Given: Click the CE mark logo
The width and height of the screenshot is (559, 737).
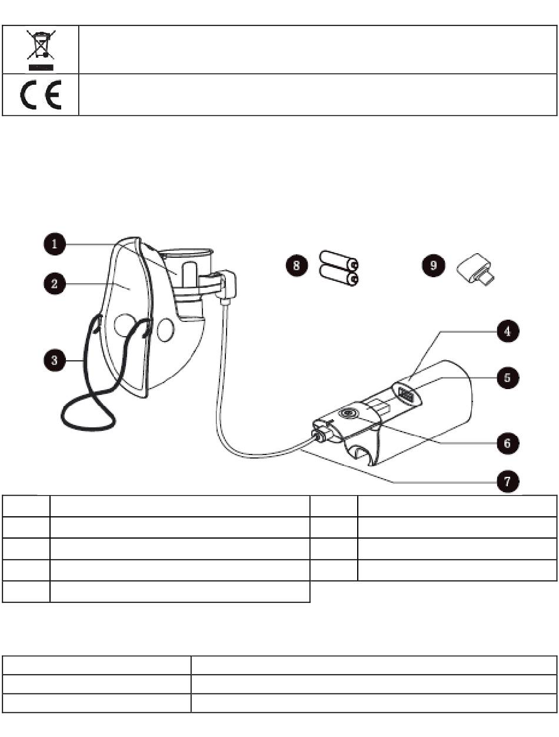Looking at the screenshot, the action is coord(41,95).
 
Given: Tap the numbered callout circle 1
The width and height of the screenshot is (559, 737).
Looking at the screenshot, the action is coord(55,244).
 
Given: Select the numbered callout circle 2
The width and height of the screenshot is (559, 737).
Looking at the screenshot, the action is coord(55,284).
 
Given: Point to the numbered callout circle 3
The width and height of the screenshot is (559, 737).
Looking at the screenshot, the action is coord(55,361).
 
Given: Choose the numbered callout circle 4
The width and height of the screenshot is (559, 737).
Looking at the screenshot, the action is coord(508,331).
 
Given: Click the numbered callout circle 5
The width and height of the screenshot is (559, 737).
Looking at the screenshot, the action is coord(508,378).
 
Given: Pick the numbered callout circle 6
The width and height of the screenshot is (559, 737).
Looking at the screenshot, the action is coord(508,443).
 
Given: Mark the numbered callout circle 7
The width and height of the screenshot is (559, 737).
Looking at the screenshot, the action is coord(508,482).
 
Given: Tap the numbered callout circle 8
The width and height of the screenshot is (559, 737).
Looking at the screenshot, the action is coord(297,265).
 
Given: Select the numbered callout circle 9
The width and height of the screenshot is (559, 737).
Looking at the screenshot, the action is coord(433,265).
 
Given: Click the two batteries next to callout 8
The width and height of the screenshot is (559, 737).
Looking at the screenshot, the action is coord(339,268).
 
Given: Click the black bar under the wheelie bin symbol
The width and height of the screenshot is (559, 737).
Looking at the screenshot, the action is coord(41,68).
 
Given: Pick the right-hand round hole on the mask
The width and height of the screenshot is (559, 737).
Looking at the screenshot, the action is coord(165,330).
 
